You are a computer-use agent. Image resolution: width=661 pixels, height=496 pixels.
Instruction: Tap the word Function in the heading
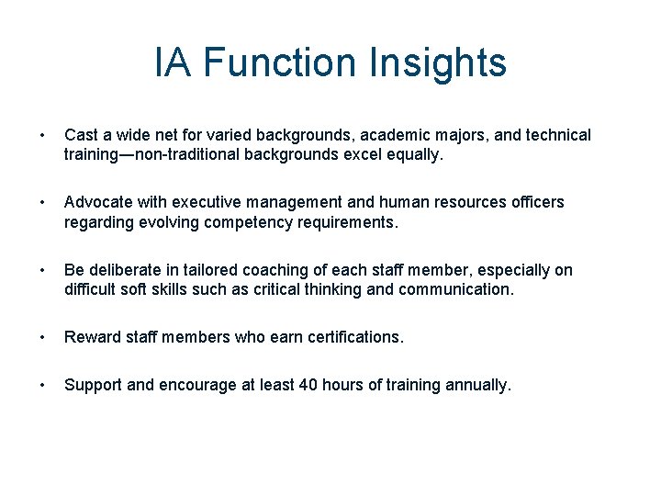(x=280, y=62)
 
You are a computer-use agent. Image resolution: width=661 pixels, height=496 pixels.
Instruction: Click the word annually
(x=477, y=386)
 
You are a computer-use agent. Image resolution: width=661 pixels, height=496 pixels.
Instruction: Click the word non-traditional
(x=183, y=154)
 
